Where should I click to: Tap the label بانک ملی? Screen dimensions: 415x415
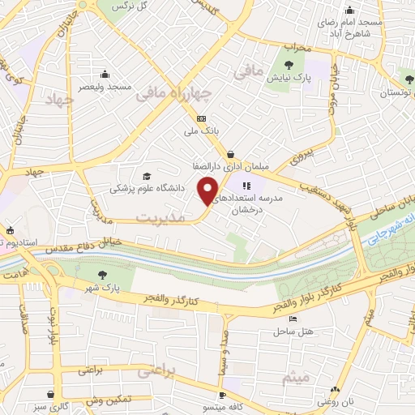[202, 130]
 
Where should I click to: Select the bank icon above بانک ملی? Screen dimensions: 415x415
[202, 118]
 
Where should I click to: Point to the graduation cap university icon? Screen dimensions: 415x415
[147, 176]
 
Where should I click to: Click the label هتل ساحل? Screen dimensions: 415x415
[288, 332]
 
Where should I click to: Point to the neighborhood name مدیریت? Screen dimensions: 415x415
[156, 217]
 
